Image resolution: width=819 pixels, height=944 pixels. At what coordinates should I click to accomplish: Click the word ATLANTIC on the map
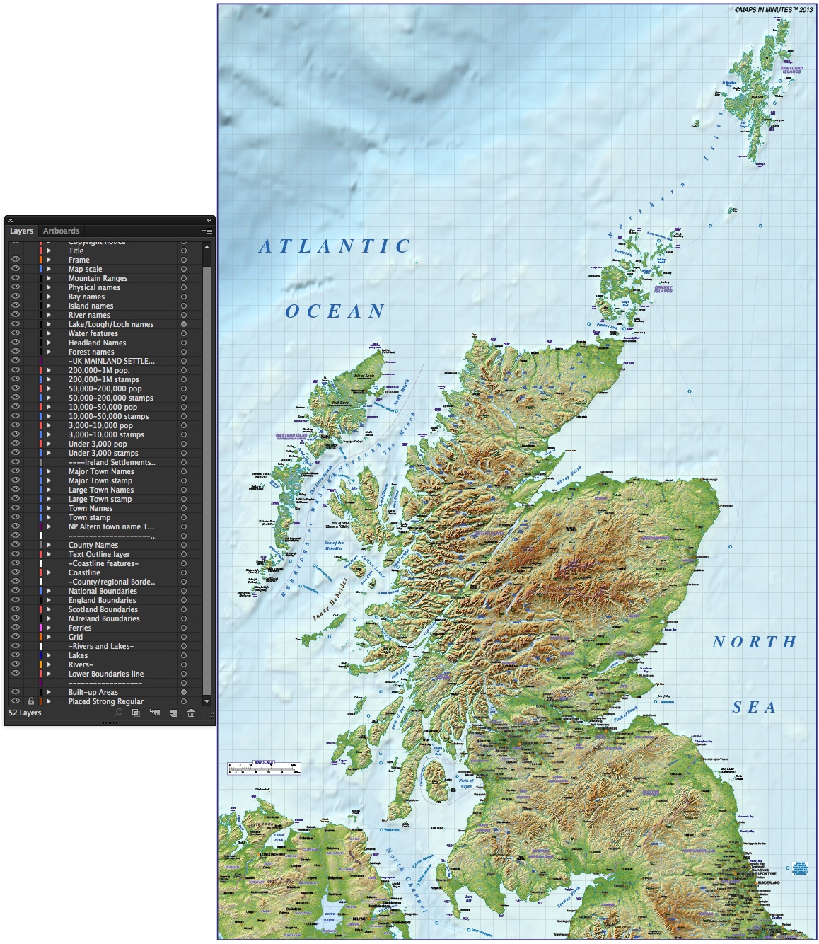[335, 246]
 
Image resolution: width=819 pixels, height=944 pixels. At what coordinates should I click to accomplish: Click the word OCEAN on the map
[335, 311]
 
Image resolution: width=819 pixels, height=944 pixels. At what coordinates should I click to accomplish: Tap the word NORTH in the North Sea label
[754, 642]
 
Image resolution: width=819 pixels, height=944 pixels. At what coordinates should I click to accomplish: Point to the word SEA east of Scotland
[754, 707]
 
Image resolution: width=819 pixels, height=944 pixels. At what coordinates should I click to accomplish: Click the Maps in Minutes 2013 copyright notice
[773, 10]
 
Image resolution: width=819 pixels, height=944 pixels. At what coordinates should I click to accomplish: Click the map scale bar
[264, 768]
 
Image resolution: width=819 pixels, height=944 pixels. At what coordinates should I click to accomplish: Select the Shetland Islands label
[791, 70]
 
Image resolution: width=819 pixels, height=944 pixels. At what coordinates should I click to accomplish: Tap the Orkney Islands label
[663, 289]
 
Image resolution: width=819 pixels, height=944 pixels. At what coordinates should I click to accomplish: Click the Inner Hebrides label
[330, 600]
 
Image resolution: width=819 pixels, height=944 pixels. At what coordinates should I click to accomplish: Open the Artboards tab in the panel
[61, 231]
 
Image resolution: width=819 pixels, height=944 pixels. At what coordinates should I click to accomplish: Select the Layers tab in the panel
[21, 231]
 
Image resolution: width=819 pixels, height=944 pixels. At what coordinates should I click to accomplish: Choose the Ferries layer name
[80, 628]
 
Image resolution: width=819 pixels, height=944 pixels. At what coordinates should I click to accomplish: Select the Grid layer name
[76, 637]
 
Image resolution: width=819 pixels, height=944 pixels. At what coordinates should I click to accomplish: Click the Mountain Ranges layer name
[98, 278]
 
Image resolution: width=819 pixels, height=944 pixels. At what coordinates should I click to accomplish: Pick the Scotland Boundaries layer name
[103, 609]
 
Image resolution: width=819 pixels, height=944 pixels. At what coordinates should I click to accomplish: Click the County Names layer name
[93, 545]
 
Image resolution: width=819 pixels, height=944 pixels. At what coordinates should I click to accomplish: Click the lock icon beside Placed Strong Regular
[30, 701]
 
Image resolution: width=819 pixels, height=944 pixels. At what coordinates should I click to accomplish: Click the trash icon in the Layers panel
[191, 713]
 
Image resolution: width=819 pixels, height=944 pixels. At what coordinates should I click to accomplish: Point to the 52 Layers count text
[25, 713]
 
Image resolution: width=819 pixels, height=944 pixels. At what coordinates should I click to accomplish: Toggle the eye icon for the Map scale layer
[15, 269]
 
